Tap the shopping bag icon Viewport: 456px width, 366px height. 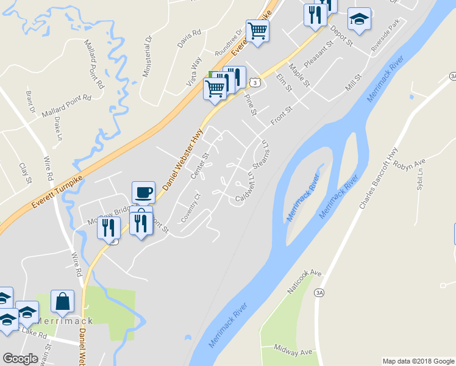tap(63, 301)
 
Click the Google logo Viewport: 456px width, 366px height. tap(20, 359)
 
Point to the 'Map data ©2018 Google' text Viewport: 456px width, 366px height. tap(418, 361)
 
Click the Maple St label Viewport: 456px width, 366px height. tap(300, 74)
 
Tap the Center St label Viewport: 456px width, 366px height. tap(200, 165)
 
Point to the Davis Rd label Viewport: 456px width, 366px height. tap(189, 39)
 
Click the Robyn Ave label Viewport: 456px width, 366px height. tap(409, 165)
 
